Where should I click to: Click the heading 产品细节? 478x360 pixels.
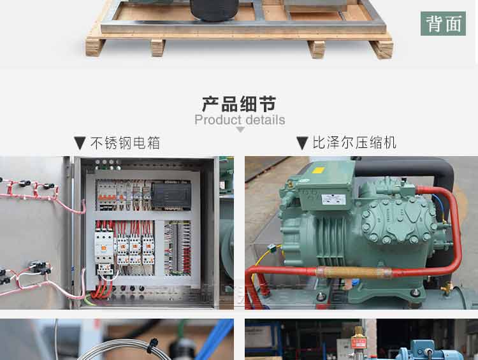tap(239, 103)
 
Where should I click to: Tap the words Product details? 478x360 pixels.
tap(240, 120)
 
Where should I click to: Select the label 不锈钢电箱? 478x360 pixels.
tap(125, 143)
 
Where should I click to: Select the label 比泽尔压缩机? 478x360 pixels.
tap(354, 143)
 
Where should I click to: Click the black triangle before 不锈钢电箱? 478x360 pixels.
tap(80, 143)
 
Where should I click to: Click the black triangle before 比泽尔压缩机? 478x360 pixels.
tap(302, 143)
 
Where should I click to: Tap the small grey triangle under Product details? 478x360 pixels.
tap(240, 130)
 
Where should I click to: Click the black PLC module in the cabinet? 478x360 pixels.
tap(170, 194)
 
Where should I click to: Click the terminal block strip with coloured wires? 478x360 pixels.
tap(178, 248)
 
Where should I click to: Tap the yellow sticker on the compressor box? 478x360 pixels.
tap(318, 171)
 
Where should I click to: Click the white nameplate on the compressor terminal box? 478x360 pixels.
tap(334, 199)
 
